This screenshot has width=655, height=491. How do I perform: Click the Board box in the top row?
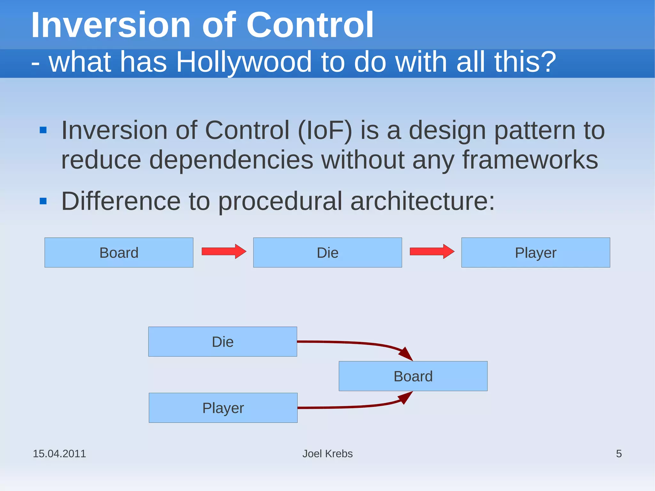[x=119, y=252]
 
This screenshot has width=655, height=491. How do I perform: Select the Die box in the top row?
[x=327, y=252]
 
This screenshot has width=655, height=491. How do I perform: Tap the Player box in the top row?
[x=535, y=252]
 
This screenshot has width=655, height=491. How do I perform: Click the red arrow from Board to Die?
[x=224, y=251]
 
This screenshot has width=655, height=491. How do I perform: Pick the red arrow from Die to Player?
[x=432, y=251]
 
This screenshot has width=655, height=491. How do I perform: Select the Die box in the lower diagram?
[x=223, y=342]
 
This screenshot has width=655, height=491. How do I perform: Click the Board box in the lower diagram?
[x=413, y=376]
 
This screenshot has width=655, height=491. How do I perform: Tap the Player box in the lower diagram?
[x=223, y=408]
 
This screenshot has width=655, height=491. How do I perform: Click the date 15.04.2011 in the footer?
[x=59, y=454]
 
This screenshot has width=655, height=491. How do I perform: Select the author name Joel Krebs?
[x=327, y=454]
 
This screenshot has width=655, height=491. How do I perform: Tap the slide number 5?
[x=619, y=454]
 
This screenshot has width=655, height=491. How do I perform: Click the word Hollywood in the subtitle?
[x=243, y=62]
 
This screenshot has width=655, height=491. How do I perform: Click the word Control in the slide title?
[x=310, y=25]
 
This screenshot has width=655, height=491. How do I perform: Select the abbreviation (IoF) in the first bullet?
[x=325, y=131]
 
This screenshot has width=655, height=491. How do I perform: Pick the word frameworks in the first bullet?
[x=530, y=160]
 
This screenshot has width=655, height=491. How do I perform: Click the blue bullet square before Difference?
[x=43, y=201]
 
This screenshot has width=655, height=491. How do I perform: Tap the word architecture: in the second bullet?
[x=422, y=201]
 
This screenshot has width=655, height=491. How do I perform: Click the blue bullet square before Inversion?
[x=43, y=130]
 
